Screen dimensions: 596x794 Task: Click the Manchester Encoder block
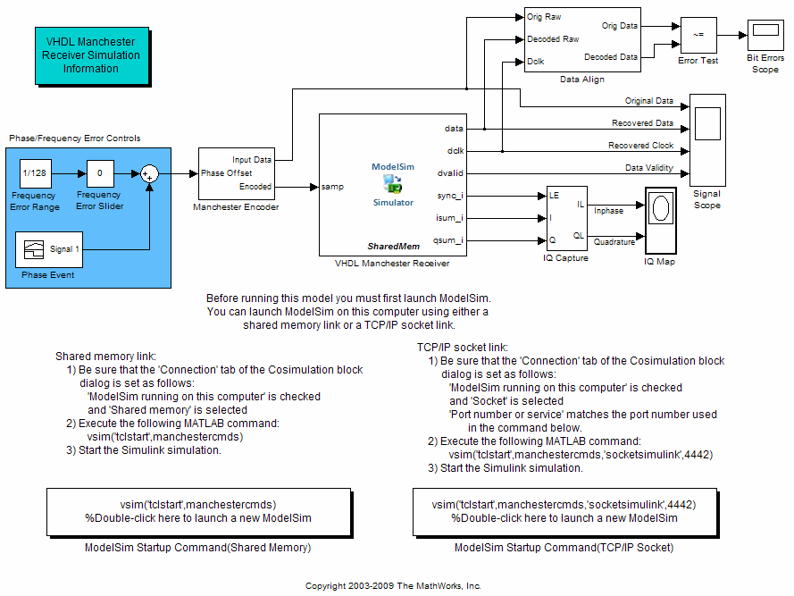tap(236, 173)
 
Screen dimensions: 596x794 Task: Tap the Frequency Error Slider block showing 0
tap(100, 173)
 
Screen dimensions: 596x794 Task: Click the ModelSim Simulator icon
tap(393, 184)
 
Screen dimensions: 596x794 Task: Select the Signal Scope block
tap(707, 135)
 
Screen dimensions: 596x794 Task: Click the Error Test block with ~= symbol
tap(698, 36)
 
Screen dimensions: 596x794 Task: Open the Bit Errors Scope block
tap(765, 36)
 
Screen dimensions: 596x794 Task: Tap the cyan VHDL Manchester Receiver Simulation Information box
tap(91, 55)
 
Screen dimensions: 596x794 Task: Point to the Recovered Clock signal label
tap(641, 146)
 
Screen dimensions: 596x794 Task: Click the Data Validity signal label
tap(649, 168)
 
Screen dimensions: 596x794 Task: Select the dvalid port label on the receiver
tap(453, 173)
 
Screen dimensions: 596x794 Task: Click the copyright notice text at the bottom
tap(393, 586)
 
